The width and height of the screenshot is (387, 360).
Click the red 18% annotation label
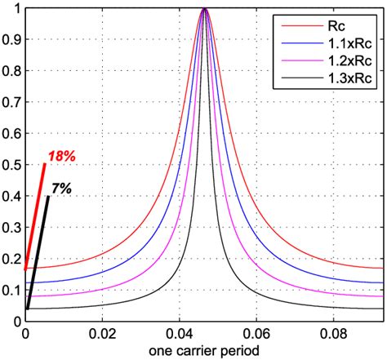point(62,155)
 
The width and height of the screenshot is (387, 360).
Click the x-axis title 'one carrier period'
point(205,350)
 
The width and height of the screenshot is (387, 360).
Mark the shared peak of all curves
point(204,10)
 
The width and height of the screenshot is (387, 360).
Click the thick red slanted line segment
point(35,216)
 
